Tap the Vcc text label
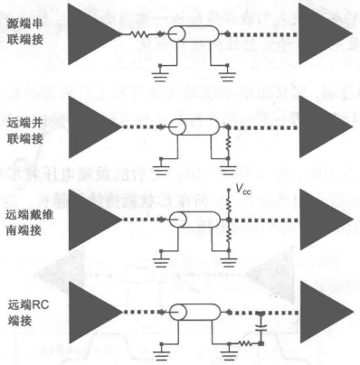[x=242, y=191]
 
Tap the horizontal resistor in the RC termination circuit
[x=242, y=342]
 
